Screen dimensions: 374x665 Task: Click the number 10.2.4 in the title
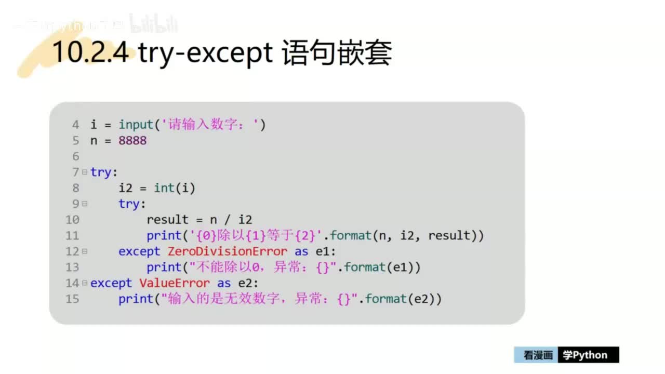[x=90, y=52]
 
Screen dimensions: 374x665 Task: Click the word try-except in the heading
[x=206, y=54]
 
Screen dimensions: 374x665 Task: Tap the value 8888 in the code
[x=132, y=140]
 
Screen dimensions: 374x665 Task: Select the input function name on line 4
[x=136, y=125]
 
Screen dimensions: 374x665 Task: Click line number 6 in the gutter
[x=76, y=156]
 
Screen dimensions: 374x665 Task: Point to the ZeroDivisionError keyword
[x=227, y=251]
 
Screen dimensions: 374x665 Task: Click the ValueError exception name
[x=175, y=283]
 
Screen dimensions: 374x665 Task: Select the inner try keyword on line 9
[x=129, y=204]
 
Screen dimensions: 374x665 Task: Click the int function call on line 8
[x=164, y=188]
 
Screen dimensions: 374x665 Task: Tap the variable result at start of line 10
[x=167, y=220]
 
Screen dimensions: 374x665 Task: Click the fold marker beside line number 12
[x=85, y=251]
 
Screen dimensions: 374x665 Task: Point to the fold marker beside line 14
[x=85, y=283]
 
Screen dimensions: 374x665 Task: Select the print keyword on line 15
[x=136, y=299]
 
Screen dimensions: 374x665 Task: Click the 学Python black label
[x=588, y=355]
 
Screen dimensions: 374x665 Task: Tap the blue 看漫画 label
[x=537, y=355]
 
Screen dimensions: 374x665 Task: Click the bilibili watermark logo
[x=153, y=24]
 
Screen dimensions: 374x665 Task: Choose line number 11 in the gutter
[x=73, y=236]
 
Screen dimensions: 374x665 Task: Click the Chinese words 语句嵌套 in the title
[x=337, y=54]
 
